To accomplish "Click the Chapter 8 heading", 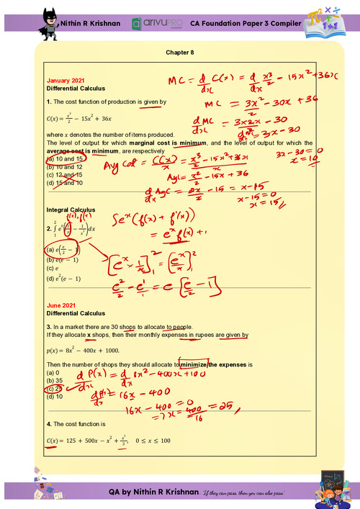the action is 180,52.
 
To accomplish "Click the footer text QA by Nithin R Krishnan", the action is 153,490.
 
